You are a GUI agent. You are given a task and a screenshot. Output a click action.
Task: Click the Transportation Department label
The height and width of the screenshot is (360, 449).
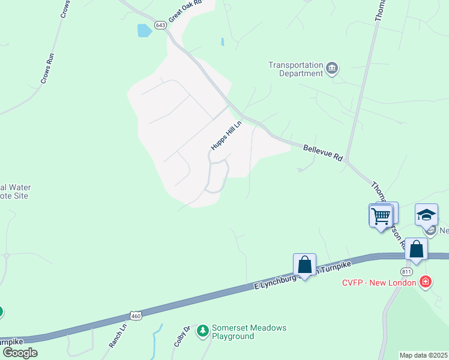tap(295, 69)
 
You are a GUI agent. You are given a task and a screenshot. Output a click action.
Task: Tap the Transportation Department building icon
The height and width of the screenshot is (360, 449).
tap(332, 69)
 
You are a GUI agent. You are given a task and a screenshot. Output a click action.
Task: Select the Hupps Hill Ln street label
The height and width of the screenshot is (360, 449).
tap(226, 136)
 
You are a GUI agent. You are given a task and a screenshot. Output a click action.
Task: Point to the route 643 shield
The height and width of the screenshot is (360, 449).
tap(160, 25)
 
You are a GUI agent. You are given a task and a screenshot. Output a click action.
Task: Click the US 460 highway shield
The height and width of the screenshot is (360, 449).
tap(136, 315)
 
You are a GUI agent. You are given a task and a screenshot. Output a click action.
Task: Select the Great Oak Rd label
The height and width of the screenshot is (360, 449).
tap(184, 10)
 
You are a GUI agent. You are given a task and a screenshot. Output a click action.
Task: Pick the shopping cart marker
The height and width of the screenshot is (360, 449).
tap(381, 215)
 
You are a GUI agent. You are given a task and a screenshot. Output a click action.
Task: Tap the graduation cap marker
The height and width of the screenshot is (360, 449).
tap(426, 215)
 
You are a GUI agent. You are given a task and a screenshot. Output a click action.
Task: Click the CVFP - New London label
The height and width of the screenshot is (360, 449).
tap(379, 281)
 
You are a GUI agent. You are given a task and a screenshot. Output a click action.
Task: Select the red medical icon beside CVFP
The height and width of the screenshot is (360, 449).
tap(425, 281)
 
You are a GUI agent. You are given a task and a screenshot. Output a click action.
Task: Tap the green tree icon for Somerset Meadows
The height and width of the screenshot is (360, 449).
tap(203, 331)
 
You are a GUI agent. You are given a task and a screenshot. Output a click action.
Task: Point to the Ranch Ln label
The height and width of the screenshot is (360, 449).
tap(118, 337)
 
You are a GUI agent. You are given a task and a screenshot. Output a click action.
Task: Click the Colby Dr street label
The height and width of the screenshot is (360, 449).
tap(182, 336)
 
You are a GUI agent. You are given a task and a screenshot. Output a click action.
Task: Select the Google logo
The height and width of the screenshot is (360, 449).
tap(20, 353)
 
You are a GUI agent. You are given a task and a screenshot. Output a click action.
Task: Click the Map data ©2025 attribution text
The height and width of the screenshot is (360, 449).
tap(424, 355)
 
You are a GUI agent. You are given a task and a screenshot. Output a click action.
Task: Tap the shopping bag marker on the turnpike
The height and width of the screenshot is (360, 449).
tap(304, 265)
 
